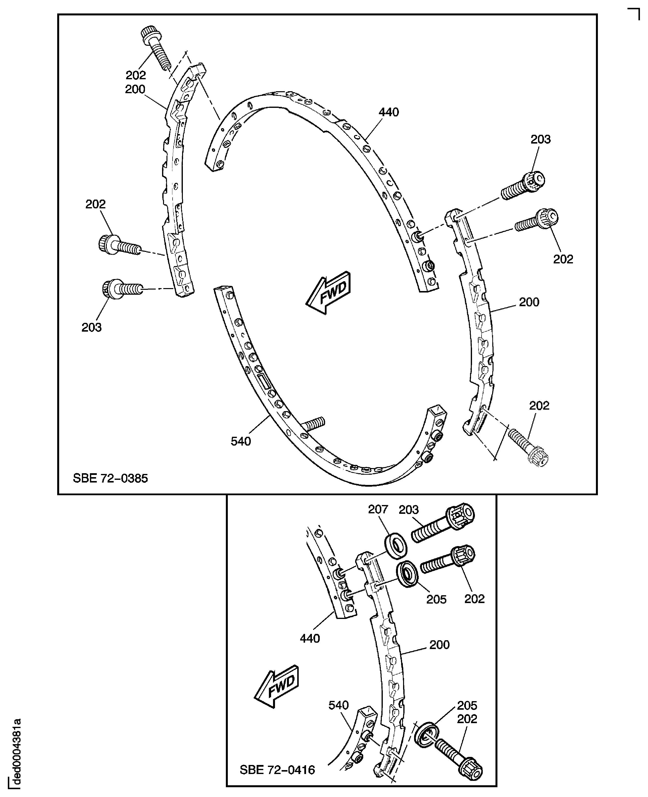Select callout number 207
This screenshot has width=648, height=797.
(378, 509)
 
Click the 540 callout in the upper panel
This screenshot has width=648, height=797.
(241, 441)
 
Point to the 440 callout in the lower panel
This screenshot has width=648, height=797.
(310, 638)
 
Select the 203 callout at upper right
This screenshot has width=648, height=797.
(540, 139)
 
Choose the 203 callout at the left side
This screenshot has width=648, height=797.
(91, 327)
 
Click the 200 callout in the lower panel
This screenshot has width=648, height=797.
(439, 645)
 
